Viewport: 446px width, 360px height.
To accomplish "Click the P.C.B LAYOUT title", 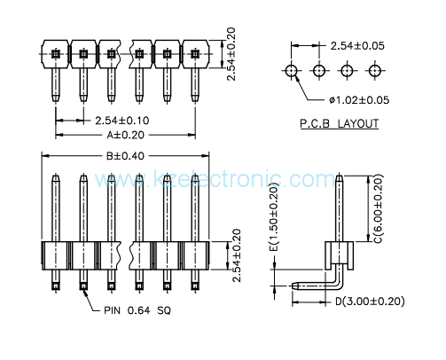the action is tap(340, 123).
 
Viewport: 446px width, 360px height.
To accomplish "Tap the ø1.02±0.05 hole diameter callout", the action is tap(359, 100).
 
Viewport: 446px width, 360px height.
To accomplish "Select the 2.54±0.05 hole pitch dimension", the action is tap(357, 46).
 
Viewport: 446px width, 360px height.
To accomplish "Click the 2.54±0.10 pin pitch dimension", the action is tap(122, 121).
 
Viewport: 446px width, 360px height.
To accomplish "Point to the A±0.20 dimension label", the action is tap(126, 135).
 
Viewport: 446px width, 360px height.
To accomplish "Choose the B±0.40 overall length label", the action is tap(125, 156).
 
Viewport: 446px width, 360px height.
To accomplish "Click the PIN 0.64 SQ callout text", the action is tap(137, 310).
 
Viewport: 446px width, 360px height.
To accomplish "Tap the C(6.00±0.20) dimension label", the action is tap(379, 208).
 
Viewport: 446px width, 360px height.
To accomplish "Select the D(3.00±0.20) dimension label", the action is tap(370, 301).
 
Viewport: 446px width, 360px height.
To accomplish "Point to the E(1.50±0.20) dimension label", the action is tap(274, 217).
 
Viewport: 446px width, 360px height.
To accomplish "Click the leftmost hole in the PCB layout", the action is tap(292, 71).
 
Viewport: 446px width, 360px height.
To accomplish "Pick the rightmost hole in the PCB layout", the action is tap(375, 71).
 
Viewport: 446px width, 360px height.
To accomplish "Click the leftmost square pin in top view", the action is tap(56, 54).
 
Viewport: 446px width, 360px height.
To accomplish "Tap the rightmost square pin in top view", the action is tap(194, 54).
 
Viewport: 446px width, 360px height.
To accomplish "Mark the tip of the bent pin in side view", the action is tap(293, 286).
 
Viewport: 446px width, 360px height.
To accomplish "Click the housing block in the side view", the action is tap(340, 255).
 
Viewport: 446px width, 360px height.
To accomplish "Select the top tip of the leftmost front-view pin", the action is tap(56, 176).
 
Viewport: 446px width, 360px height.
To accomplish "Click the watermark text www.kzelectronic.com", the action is tap(215, 179).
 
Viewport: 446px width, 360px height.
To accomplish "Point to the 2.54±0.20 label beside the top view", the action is tap(231, 54).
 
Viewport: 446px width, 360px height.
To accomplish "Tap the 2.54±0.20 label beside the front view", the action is tap(237, 255).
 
